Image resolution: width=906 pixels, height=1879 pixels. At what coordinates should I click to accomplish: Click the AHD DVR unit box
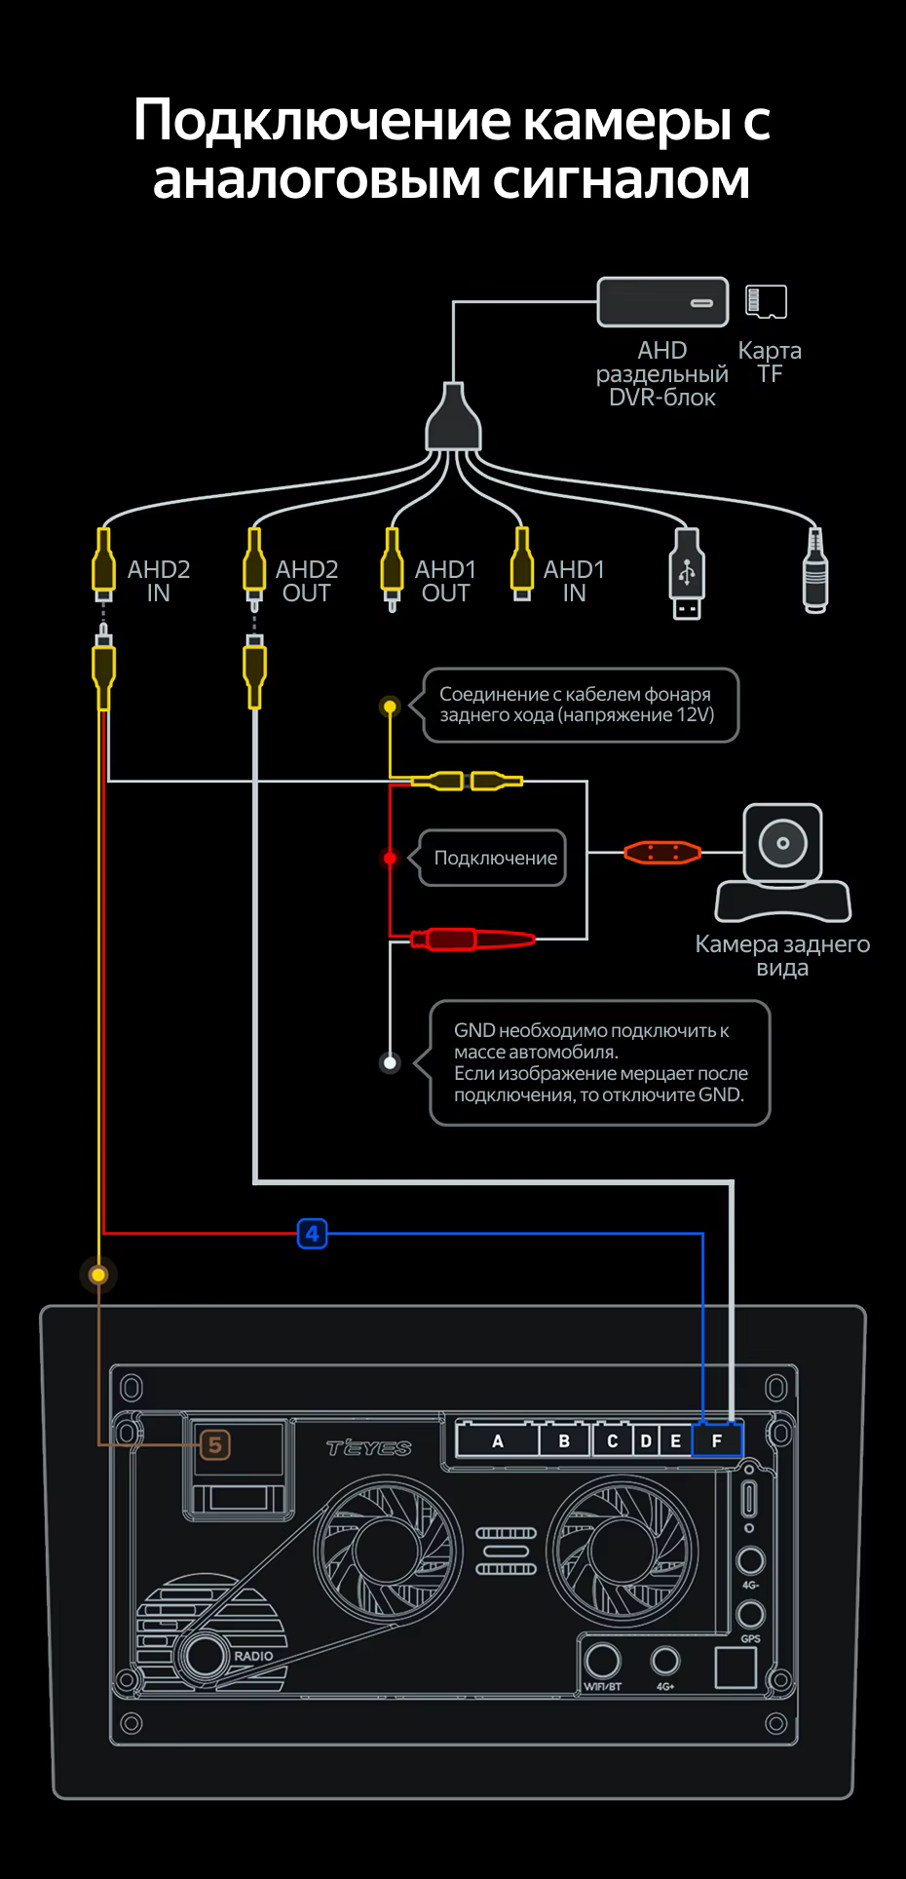[x=662, y=302]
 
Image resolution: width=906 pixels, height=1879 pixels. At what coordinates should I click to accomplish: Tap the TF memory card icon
[x=766, y=302]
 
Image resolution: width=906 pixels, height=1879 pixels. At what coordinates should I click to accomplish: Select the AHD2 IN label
[x=159, y=581]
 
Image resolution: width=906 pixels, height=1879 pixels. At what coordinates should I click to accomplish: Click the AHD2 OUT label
[x=307, y=581]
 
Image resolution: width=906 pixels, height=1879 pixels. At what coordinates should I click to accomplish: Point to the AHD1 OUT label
[x=446, y=581]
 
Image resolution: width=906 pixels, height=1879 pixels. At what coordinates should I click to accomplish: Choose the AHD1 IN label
[x=574, y=581]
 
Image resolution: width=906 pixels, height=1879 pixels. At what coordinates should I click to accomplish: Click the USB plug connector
[x=686, y=574]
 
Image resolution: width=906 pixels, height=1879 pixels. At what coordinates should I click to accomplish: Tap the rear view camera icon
[x=783, y=863]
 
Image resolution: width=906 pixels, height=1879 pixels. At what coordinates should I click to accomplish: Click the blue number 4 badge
[x=312, y=1234]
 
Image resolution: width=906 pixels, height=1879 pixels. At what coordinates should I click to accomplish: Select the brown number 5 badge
[x=215, y=1444]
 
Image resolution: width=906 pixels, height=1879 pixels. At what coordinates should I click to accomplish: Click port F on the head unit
[x=717, y=1440]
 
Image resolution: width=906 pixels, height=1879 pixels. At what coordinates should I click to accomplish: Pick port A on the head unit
[x=498, y=1440]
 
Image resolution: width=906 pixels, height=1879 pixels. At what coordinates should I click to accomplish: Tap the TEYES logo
[x=369, y=1447]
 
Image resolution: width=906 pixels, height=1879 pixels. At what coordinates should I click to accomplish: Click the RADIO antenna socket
[x=204, y=1654]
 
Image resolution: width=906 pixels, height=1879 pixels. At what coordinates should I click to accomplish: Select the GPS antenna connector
[x=750, y=1613]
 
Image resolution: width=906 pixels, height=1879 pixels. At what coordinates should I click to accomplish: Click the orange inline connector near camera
[x=662, y=853]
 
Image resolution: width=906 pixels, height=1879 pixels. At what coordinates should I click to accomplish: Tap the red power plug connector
[x=472, y=939]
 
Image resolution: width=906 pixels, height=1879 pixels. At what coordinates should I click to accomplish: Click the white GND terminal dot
[x=390, y=1062]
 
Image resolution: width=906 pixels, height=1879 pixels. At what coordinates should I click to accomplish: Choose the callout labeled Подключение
[x=493, y=858]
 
